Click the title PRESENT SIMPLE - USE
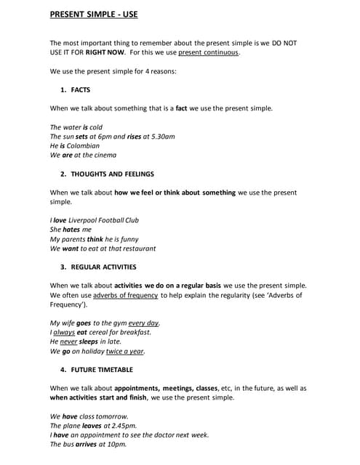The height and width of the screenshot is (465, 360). click(93, 15)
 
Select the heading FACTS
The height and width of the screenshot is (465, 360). click(81, 90)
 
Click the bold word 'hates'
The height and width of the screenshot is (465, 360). click(71, 230)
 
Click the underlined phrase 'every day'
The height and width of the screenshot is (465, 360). click(143, 323)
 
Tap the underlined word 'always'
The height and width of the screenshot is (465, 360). click(64, 332)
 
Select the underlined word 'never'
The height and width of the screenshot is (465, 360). click(68, 341)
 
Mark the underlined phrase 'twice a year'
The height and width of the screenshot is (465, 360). click(125, 351)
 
